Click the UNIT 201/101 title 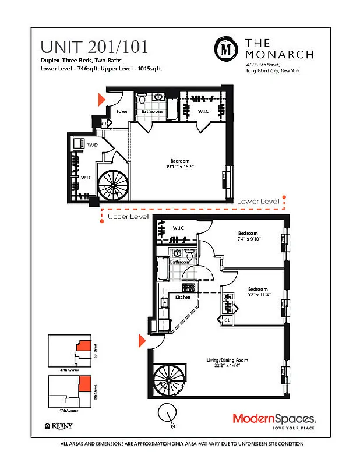click(94, 46)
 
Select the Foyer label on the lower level click(122, 111)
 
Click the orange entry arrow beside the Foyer click(101, 100)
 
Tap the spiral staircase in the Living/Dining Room click(169, 380)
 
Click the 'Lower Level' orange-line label click(257, 201)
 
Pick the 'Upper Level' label click(128, 217)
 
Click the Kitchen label click(183, 297)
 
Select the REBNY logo click(59, 426)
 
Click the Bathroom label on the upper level click(180, 262)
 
